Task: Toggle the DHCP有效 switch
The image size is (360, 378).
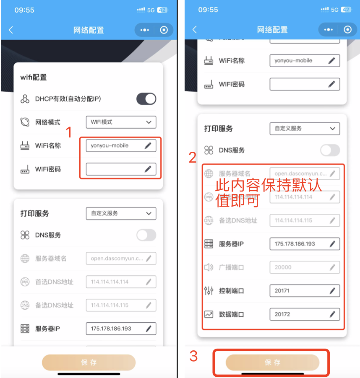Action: (x=146, y=99)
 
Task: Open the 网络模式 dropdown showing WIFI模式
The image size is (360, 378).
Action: (x=121, y=122)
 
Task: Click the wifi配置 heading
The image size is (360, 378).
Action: (x=34, y=77)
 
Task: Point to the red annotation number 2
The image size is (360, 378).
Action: (x=193, y=158)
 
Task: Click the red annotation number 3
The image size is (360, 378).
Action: (x=193, y=356)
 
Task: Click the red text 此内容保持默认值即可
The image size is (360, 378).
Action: (x=269, y=192)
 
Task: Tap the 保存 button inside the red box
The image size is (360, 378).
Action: (x=272, y=362)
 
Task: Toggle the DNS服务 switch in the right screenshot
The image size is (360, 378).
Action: (x=330, y=150)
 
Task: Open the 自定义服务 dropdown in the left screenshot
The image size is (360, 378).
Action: (x=121, y=213)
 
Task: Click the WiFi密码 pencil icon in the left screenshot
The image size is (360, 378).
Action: (x=148, y=169)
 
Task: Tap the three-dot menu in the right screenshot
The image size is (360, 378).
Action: (x=328, y=30)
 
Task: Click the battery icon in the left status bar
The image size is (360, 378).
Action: (x=163, y=10)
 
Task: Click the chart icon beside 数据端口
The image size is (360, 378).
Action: (x=209, y=314)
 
